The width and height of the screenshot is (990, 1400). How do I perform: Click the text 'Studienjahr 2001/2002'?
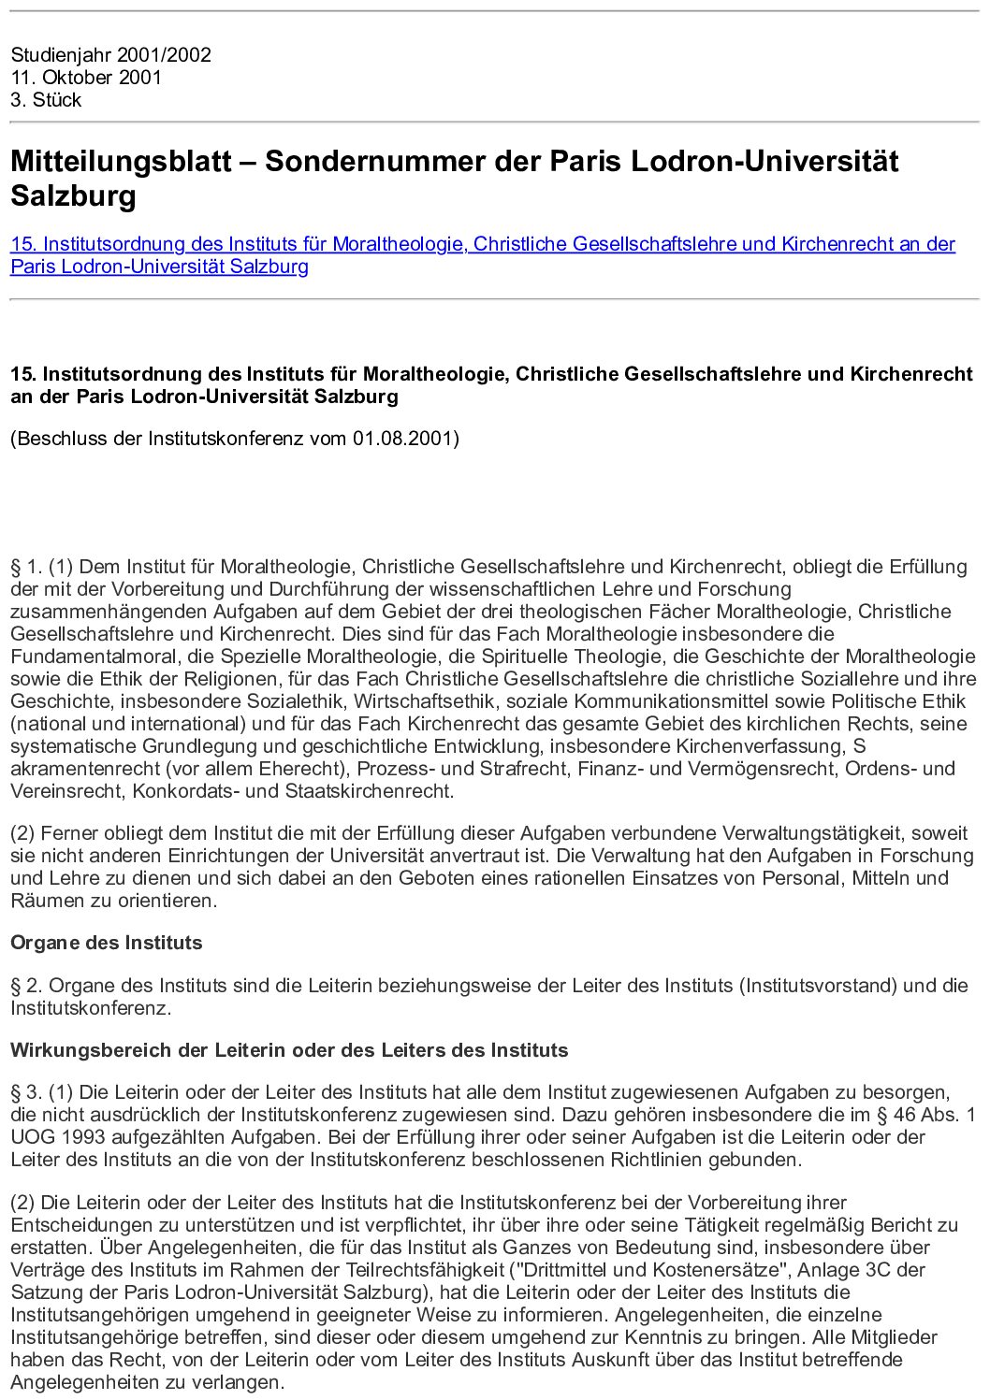coord(110,55)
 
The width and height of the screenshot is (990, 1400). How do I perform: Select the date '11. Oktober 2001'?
coord(86,78)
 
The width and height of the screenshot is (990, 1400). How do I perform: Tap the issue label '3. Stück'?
coord(46,100)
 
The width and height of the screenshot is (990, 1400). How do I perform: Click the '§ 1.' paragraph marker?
coord(26,567)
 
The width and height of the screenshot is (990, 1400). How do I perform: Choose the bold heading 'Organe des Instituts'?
coord(106,943)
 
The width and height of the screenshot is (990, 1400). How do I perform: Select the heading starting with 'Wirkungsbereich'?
coord(289,1050)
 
